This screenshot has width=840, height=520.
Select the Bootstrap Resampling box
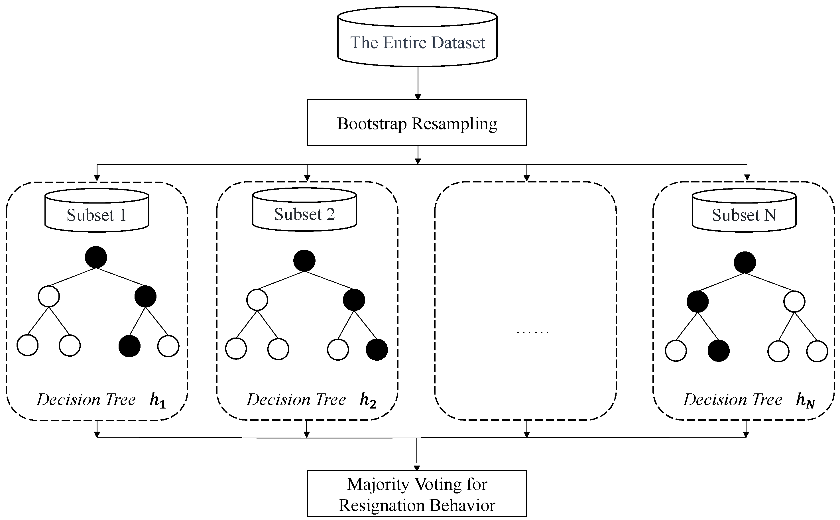pyautogui.click(x=417, y=123)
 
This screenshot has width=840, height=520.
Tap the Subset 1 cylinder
pyautogui.click(x=97, y=211)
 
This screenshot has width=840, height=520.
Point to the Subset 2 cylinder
pyautogui.click(x=304, y=210)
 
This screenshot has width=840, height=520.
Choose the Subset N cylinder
pyautogui.click(x=744, y=211)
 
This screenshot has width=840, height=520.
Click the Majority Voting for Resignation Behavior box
pyautogui.click(x=417, y=493)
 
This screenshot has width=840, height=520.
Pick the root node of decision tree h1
pyautogui.click(x=96, y=257)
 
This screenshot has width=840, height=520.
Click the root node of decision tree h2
pyautogui.click(x=304, y=261)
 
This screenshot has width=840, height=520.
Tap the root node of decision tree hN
pyautogui.click(x=745, y=262)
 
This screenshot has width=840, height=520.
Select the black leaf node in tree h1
pyautogui.click(x=129, y=346)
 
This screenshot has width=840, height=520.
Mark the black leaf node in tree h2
pyautogui.click(x=377, y=350)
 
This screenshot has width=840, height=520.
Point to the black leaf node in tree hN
pyautogui.click(x=719, y=351)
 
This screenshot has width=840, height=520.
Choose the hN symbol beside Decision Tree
pyautogui.click(x=805, y=401)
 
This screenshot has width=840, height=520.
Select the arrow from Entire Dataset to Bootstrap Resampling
pyautogui.click(x=418, y=83)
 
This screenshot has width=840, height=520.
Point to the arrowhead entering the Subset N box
pyautogui.click(x=747, y=177)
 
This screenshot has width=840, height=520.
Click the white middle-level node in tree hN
pyautogui.click(x=794, y=302)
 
